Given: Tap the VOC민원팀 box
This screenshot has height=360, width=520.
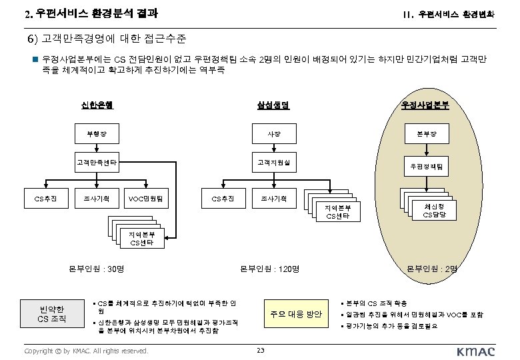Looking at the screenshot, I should point(149,198).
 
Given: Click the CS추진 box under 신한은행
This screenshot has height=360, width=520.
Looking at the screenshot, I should point(45,198).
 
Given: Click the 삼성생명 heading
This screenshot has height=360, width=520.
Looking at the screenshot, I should point(273,105).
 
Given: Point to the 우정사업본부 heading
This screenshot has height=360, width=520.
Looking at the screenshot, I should point(425,105).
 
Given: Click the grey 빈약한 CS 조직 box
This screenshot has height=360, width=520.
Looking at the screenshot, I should point(51,314).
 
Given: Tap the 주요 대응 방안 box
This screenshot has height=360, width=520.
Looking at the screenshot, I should point(296,314).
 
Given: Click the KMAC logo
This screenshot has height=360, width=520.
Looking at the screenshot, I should point(476,351).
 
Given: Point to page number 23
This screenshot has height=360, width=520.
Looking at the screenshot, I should point(261,351).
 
